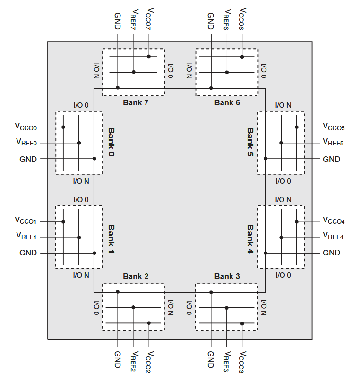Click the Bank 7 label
(x=136, y=102)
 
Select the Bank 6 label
(x=227, y=102)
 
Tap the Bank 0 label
(x=111, y=142)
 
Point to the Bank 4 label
(x=250, y=239)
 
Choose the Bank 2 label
(x=136, y=276)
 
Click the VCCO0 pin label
(x=26, y=127)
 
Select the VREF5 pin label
(x=333, y=142)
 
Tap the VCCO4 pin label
(x=334, y=220)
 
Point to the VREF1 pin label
(x=26, y=236)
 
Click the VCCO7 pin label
(x=149, y=19)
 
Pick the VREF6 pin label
(x=227, y=19)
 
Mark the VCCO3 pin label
(x=242, y=362)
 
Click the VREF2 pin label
(x=134, y=361)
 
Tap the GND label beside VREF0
(x=28, y=159)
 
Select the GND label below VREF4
(x=331, y=253)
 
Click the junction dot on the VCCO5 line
(x=297, y=127)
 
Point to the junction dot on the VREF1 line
(x=79, y=237)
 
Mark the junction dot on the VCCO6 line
(x=242, y=57)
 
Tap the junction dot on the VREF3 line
(x=227, y=308)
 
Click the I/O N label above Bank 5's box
(x=283, y=105)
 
